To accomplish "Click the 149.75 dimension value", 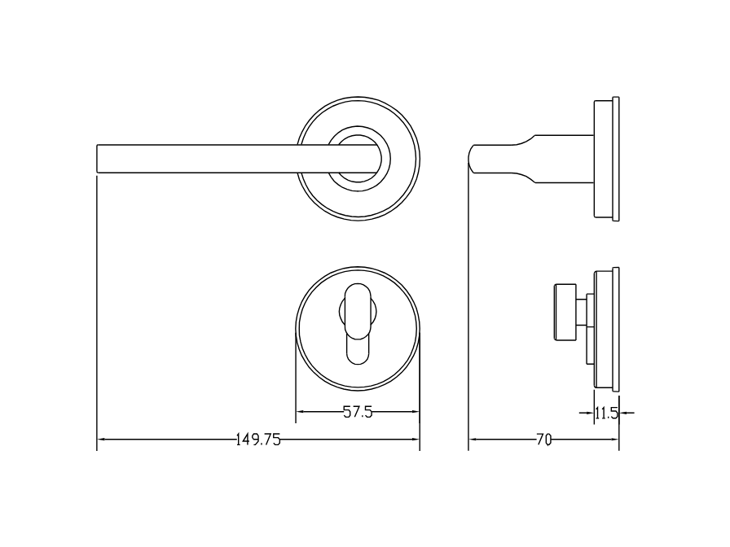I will coord(258,440).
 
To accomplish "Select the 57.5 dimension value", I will coord(358,413).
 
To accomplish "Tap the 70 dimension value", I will coord(543,440).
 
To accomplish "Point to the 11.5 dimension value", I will coord(605,414).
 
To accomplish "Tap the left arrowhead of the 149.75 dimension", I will coord(102,440).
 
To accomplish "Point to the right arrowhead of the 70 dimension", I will coord(614,440).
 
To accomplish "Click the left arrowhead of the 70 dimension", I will coord(473,440).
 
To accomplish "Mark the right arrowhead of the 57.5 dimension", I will coord(415,413).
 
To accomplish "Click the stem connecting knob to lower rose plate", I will coord(582,313).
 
